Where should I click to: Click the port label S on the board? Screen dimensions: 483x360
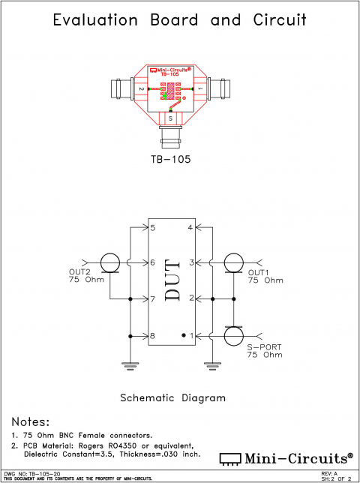pyautogui.click(x=170, y=117)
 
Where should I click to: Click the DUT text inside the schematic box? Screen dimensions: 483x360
pyautogui.click(x=172, y=280)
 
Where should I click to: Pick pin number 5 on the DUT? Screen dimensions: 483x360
pyautogui.click(x=152, y=227)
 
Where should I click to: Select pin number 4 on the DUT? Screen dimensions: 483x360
pyautogui.click(x=190, y=227)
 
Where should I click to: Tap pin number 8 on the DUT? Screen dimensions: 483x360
pyautogui.click(x=152, y=335)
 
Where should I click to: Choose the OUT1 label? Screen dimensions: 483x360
pyautogui.click(x=259, y=271)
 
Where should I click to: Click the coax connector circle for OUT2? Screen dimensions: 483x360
pyautogui.click(x=110, y=262)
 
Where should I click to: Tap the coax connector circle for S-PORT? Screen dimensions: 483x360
pyautogui.click(x=232, y=335)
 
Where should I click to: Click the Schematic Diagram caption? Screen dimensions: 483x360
pyautogui.click(x=172, y=397)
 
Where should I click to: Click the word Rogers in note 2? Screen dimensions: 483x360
pyautogui.click(x=115, y=445)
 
